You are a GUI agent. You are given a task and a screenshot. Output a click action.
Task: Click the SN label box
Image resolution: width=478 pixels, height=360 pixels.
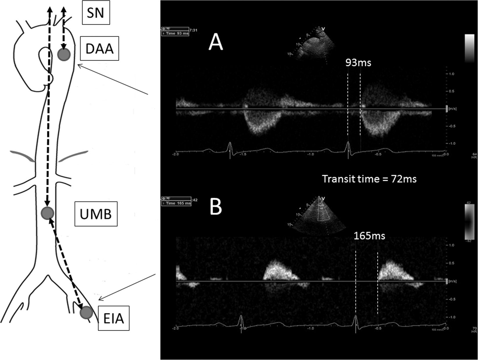click(96, 13)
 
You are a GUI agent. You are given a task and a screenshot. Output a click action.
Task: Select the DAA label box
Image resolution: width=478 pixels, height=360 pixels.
click(99, 48)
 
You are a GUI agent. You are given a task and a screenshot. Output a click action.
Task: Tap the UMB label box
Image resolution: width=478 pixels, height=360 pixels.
click(96, 214)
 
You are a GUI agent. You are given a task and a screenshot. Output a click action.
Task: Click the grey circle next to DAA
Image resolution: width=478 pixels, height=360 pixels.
click(64, 54)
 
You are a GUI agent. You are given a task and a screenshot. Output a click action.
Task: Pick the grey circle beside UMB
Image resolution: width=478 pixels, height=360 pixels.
click(47, 213)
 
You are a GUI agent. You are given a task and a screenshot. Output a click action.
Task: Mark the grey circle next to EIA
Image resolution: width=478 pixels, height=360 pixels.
click(86, 313)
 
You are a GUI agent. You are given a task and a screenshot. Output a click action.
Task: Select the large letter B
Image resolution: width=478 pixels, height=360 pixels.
click(215, 207)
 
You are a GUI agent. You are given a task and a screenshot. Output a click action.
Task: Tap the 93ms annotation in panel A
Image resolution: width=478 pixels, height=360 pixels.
click(358, 63)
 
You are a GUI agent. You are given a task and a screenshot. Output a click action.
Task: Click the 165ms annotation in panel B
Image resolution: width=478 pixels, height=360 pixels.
click(369, 236)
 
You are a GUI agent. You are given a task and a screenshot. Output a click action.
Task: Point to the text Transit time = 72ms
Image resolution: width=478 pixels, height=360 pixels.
click(369, 179)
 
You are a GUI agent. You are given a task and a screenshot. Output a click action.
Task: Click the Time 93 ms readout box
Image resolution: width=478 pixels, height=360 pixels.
click(175, 33)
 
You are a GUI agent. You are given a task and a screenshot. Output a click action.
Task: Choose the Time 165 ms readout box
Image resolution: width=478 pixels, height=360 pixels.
click(176, 203)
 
